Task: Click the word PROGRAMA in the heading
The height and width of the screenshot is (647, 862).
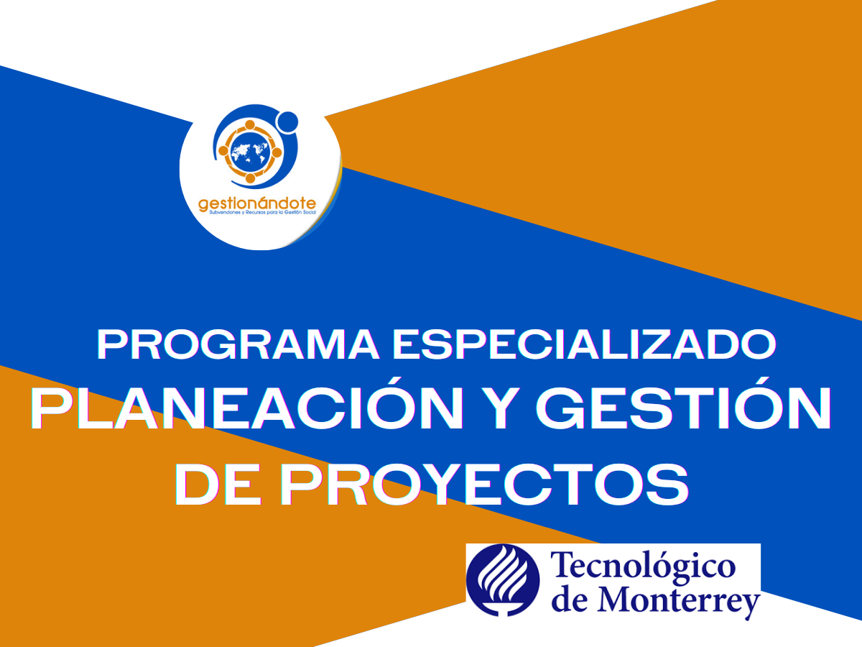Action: pos(238,344)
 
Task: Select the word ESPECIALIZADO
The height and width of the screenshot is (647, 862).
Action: pos(585,344)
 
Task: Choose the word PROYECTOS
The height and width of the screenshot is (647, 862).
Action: pos(484,485)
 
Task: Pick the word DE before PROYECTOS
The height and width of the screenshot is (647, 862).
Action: pos(218,485)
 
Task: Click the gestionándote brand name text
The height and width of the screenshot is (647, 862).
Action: pos(257,204)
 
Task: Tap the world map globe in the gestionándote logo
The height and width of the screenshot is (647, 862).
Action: pos(250,151)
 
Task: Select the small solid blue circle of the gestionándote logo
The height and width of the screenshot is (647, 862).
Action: pos(288,121)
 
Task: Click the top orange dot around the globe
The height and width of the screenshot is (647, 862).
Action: pos(250,124)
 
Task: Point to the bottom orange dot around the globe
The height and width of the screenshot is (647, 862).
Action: pos(250,178)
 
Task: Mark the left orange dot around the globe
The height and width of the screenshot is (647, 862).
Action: pos(223,151)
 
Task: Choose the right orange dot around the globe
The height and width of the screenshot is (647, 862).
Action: pos(277,152)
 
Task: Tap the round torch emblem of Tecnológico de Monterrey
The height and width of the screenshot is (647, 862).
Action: pos(503,580)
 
